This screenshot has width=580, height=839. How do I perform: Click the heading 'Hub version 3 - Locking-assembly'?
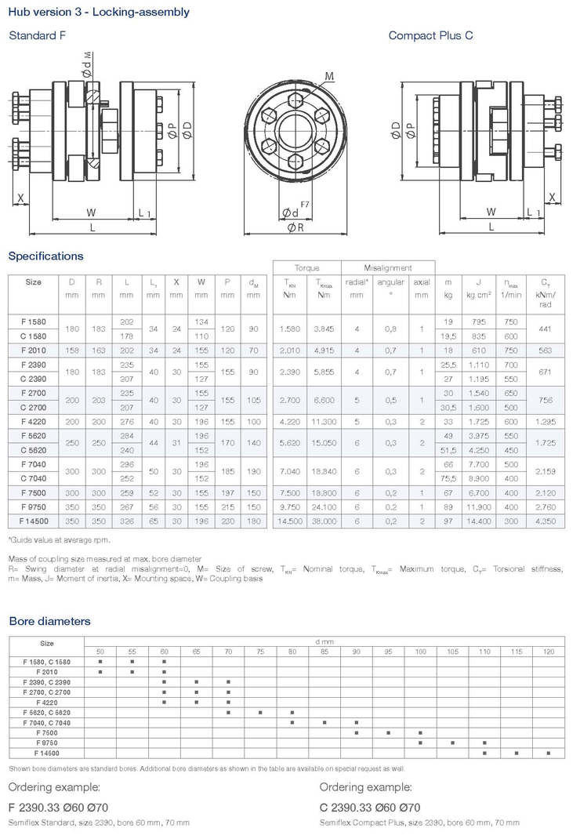(99, 13)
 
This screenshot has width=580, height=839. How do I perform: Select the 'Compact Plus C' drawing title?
(430, 35)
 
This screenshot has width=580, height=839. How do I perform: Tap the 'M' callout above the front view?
(329, 75)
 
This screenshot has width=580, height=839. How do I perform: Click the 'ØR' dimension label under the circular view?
(295, 227)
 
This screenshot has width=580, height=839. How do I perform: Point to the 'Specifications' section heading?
(45, 256)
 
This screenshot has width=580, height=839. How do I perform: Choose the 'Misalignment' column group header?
(388, 267)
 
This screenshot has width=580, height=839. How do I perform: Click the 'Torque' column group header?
(306, 267)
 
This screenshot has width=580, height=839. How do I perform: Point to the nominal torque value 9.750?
(288, 507)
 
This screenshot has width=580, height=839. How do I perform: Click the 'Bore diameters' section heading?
(49, 621)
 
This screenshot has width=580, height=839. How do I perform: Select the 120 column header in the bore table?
(548, 652)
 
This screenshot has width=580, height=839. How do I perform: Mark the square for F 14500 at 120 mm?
(548, 753)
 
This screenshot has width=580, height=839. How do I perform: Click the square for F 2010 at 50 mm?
(100, 672)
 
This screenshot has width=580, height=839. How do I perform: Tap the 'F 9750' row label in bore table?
(47, 743)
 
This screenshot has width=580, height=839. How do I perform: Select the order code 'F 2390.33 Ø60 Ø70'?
(59, 807)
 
